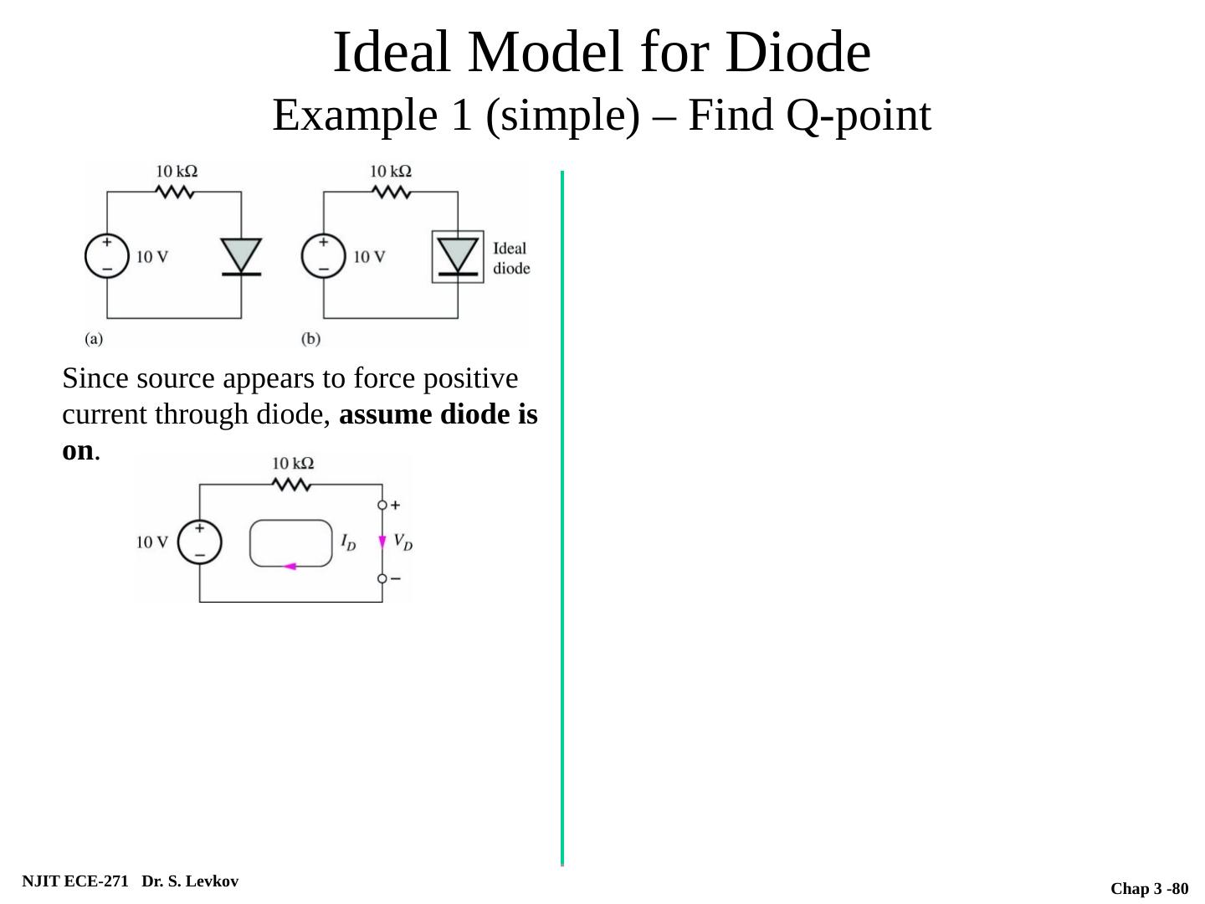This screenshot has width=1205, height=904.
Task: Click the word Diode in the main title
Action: point(798,53)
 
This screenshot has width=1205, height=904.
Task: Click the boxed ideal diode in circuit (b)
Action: point(458,256)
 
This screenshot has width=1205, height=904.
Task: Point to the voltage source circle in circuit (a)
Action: point(107,256)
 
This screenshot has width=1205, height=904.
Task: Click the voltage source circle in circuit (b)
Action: point(323,256)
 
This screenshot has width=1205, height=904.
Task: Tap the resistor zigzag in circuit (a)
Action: point(176,192)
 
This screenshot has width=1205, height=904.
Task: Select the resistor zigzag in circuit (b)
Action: point(391,192)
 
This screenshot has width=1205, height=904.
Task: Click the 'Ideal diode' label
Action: point(510,258)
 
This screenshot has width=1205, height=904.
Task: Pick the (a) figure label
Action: point(94,339)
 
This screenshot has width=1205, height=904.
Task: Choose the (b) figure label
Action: point(310,339)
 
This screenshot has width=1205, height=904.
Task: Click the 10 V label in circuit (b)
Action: point(369,256)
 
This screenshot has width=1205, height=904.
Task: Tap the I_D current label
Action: point(348,542)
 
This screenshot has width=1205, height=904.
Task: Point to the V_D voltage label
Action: point(403,542)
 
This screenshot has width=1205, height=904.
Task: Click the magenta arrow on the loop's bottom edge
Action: point(290,567)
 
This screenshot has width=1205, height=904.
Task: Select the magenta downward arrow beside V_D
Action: point(382,542)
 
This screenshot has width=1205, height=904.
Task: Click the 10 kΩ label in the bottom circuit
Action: point(293,463)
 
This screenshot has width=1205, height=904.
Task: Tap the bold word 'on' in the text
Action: point(78,450)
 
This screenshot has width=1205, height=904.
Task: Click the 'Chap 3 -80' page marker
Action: point(1149,889)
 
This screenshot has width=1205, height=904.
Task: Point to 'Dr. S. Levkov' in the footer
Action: point(190,881)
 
